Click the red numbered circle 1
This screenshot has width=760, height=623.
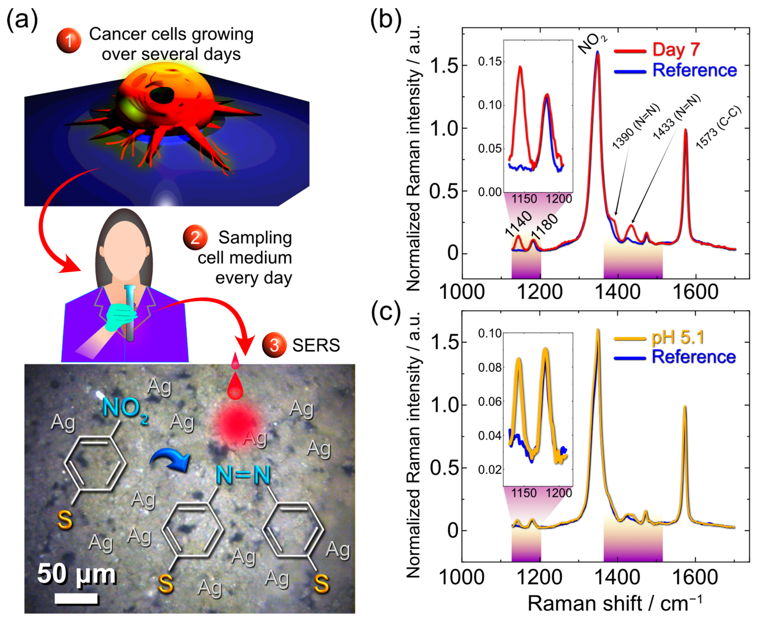click(69, 41)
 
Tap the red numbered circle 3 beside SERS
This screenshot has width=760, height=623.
click(274, 345)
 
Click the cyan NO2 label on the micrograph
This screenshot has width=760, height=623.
click(125, 409)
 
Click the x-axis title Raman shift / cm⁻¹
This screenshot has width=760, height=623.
click(614, 604)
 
